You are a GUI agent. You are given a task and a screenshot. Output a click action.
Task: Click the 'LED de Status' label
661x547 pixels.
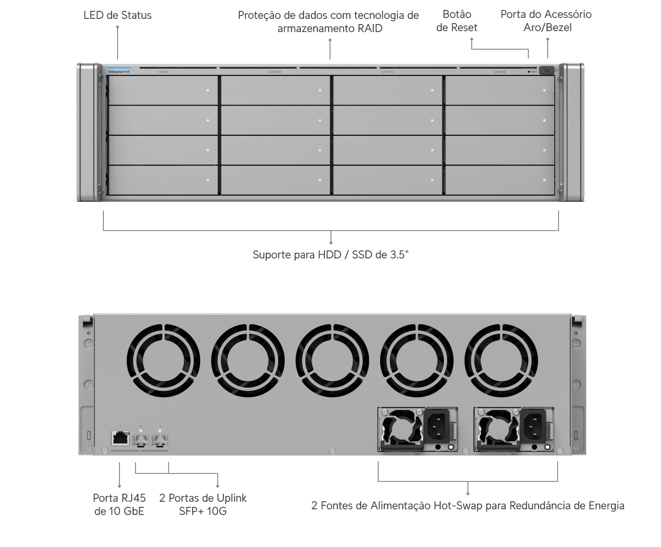[117, 15]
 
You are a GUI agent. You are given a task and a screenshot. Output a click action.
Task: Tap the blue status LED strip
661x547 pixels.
[119, 67]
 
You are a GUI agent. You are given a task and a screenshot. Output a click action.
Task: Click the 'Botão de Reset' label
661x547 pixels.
[457, 21]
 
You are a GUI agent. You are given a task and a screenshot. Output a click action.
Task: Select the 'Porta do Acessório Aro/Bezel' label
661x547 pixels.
[546, 21]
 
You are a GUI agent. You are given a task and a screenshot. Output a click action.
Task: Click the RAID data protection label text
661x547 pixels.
[329, 22]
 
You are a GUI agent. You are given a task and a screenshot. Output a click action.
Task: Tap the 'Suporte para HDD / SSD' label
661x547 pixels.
[330, 255]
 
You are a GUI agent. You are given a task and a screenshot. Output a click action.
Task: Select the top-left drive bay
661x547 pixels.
[162, 90]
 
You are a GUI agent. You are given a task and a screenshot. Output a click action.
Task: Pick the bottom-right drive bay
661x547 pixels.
[500, 180]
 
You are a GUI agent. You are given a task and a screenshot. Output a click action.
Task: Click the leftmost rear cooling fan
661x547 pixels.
[163, 356]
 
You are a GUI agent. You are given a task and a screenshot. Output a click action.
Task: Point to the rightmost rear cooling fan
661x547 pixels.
[501, 356]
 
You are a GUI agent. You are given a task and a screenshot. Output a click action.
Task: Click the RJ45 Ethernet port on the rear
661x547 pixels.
[121, 438]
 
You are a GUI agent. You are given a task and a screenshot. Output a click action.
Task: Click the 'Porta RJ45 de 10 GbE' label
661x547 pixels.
[119, 504]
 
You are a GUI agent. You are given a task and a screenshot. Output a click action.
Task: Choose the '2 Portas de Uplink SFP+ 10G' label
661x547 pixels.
[203, 504]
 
